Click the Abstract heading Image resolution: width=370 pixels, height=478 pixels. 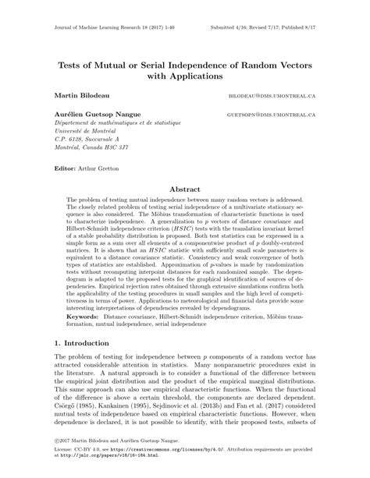pos(184,188)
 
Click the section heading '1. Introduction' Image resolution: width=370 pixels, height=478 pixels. pos(84,343)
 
